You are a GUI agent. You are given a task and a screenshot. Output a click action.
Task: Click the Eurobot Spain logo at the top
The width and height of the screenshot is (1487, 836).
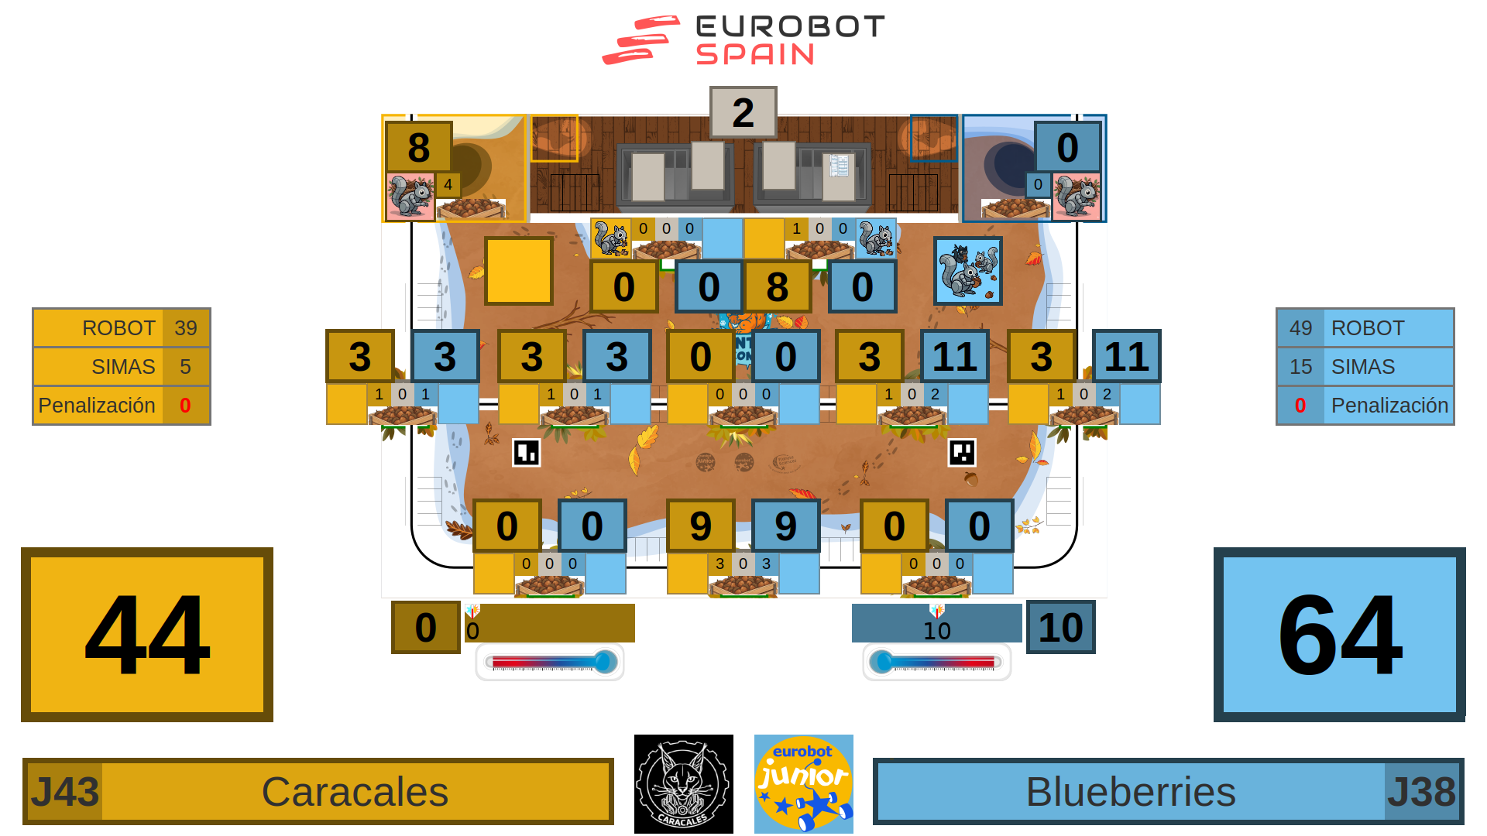coord(743,40)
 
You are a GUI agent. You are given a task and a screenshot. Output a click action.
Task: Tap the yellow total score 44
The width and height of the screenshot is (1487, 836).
coord(147,635)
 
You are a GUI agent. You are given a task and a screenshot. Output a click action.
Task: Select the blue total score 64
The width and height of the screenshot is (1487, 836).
coord(1339,635)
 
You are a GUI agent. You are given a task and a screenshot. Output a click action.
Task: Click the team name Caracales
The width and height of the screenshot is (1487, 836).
coord(355,792)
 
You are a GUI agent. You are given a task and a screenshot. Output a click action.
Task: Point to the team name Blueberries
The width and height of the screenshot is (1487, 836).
coord(1130,792)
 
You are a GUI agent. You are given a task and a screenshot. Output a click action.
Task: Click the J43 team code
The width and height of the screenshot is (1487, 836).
coord(64,792)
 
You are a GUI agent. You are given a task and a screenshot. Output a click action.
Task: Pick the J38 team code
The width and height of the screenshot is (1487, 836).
coord(1422,792)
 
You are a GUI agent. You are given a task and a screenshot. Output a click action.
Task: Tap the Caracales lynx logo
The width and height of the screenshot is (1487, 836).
coord(683,784)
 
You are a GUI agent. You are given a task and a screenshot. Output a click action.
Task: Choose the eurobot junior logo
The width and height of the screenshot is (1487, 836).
coord(804,784)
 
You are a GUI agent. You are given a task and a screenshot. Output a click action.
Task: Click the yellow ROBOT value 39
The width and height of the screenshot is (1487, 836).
coord(185,328)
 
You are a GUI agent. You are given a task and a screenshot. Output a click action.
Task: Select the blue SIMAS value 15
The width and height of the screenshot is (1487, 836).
coord(1300,367)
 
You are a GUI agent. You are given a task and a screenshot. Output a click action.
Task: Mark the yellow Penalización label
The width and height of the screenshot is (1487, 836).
coord(97,406)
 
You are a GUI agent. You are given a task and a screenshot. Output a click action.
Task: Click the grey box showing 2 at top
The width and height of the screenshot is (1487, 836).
coord(743,112)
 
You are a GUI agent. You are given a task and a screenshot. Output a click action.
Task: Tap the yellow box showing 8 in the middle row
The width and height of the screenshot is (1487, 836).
coord(778,287)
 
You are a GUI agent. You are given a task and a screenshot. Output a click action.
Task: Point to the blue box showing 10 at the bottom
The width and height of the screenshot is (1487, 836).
coord(1060,627)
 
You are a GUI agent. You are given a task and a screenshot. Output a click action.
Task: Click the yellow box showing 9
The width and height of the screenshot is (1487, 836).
coord(700,526)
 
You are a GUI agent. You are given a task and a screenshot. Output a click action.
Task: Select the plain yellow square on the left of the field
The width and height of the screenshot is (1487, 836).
coord(519,271)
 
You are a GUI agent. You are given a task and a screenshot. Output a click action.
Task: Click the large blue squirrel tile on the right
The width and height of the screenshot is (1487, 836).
coord(967,271)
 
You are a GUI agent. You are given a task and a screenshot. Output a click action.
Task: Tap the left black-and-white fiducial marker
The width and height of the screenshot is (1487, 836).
coord(527,453)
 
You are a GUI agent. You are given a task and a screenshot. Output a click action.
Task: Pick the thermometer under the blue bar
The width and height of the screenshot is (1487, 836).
coord(936,663)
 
